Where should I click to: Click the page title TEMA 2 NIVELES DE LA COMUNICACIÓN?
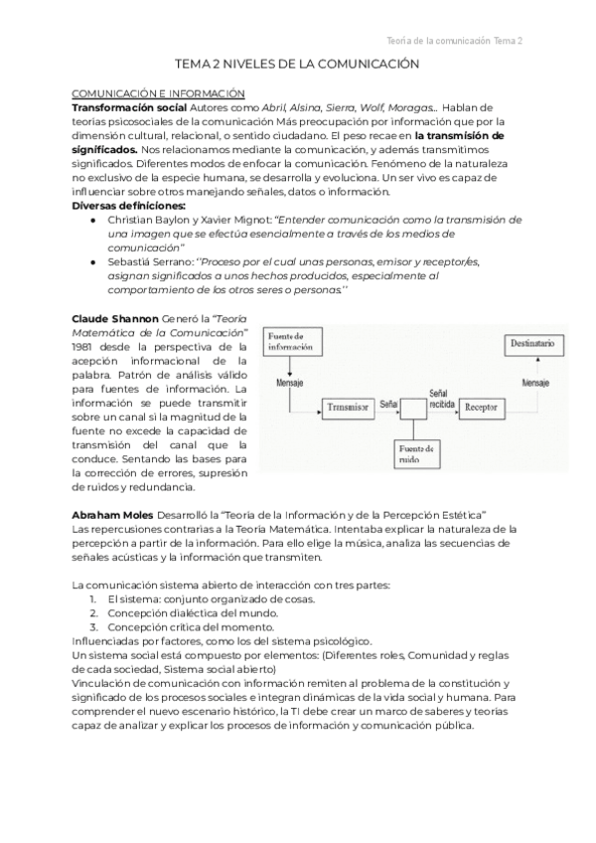[x=297, y=63]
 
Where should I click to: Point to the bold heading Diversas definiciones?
[x=128, y=205]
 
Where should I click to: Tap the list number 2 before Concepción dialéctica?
[x=92, y=613]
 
